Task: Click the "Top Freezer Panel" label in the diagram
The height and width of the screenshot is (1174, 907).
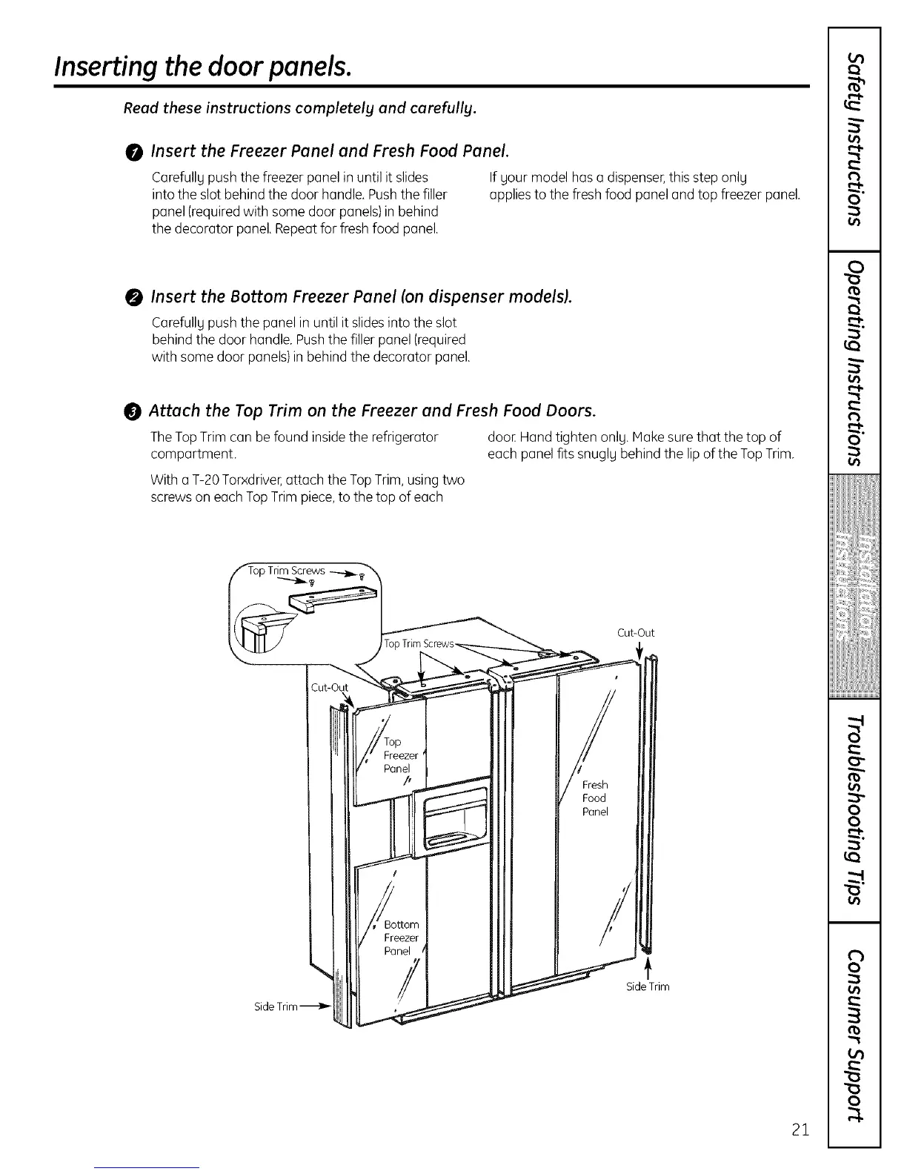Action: tap(399, 755)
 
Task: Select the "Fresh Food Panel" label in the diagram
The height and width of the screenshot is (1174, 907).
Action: tap(594, 797)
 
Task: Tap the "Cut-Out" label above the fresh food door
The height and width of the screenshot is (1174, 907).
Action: tap(635, 633)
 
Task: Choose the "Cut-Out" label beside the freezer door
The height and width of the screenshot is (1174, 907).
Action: tap(329, 686)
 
